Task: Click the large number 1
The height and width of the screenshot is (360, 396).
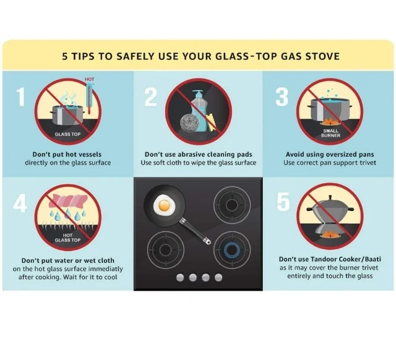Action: click(21, 96)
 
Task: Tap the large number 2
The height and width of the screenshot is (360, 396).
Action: click(151, 96)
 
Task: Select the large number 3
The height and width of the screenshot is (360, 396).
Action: click(282, 96)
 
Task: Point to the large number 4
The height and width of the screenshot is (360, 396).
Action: click(20, 204)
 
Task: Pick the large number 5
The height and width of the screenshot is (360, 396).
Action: click(283, 202)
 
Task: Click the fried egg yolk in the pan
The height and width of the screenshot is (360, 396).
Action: click(164, 205)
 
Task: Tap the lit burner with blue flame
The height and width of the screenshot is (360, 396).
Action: click(232, 250)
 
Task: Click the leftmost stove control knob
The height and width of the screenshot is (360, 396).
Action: click(180, 278)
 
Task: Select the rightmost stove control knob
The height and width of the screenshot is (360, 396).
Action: click(218, 278)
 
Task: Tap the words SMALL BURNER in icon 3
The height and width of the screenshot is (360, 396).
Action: click(330, 133)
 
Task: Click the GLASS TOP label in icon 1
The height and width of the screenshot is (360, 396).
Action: click(67, 134)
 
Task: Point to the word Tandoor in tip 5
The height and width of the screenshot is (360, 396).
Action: click(324, 259)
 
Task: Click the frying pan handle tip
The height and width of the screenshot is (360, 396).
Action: click(208, 242)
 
